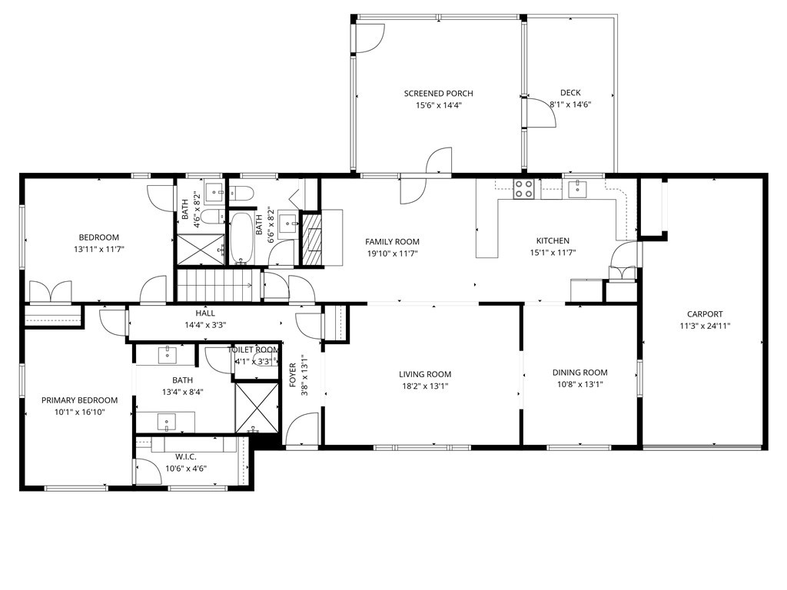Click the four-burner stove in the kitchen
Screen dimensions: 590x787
coord(524,188)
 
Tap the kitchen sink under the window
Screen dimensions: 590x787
coord(577,189)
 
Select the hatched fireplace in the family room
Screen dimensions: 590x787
coord(313,238)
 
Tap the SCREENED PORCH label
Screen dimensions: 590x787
coord(438,94)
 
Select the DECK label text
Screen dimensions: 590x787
coord(570,93)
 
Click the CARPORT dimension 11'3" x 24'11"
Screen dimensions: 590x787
coord(705,326)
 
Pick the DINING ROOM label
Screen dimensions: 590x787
coord(579,373)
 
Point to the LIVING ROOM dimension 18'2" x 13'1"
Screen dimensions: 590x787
coord(424,386)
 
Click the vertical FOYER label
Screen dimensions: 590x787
coord(293,374)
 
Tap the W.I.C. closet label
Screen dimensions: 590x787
coord(186,456)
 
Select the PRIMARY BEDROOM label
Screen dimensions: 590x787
coord(79,400)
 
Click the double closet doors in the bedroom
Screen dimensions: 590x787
coord(51,293)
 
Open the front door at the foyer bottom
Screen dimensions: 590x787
coord(302,429)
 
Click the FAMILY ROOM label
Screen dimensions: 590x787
coord(392,241)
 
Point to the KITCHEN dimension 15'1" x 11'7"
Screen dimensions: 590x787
coord(553,253)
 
